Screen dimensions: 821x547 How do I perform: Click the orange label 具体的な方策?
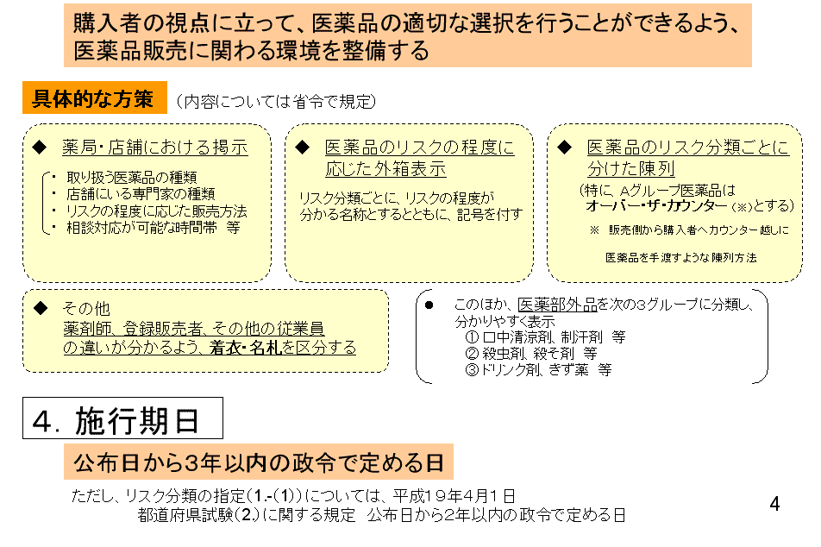pyautogui.click(x=94, y=98)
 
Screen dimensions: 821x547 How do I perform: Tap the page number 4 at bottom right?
pyautogui.click(x=775, y=504)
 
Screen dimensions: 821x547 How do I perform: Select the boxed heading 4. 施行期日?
pyautogui.click(x=122, y=418)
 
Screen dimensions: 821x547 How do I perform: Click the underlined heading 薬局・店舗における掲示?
pyautogui.click(x=155, y=148)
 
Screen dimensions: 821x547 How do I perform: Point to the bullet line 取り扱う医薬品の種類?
pyautogui.click(x=131, y=178)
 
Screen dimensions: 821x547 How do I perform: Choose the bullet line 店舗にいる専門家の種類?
pyautogui.click(x=141, y=194)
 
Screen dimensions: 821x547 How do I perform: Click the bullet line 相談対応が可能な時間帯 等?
pyautogui.click(x=153, y=228)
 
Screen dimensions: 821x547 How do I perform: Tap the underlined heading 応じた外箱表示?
pyautogui.click(x=385, y=169)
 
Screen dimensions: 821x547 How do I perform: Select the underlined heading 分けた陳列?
pyautogui.click(x=631, y=169)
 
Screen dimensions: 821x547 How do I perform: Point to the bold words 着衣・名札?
pyautogui.click(x=246, y=348)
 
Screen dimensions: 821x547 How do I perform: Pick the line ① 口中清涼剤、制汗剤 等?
pyautogui.click(x=545, y=336)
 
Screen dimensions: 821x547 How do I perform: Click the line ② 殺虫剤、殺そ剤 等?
pyautogui.click(x=531, y=353)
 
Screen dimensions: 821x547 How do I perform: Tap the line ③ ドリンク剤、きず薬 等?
pyautogui.click(x=538, y=369)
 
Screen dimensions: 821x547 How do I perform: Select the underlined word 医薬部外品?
pyautogui.click(x=557, y=305)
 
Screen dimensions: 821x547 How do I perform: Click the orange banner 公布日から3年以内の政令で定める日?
pyautogui.click(x=259, y=462)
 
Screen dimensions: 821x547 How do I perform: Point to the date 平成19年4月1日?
pyautogui.click(x=454, y=495)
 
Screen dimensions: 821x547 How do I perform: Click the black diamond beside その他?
pyautogui.click(x=41, y=307)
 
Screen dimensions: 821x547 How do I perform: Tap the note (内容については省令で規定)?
pyautogui.click(x=277, y=101)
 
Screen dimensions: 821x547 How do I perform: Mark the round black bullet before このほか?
pyautogui.click(x=429, y=305)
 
